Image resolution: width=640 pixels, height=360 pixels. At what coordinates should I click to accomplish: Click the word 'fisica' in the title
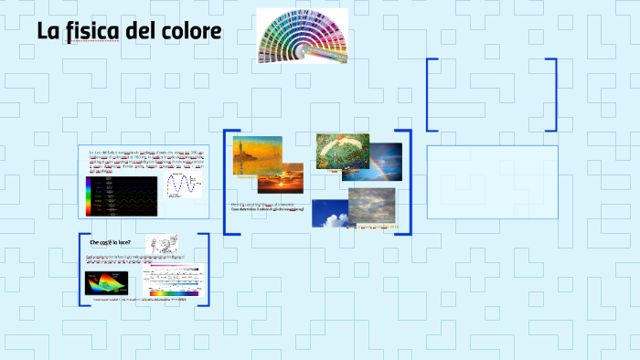98,32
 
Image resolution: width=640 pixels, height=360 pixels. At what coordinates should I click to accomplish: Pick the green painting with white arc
342,150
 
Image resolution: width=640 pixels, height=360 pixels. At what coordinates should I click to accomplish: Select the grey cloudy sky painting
371,206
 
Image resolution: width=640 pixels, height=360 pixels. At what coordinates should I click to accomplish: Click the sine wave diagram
183,185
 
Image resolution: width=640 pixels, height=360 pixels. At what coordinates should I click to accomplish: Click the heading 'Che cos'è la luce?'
110,242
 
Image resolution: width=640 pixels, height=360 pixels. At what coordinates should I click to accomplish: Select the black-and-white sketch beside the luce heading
162,243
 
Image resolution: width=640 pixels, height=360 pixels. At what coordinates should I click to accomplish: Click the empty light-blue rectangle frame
492,182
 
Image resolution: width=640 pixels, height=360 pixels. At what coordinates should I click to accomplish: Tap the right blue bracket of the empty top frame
554,97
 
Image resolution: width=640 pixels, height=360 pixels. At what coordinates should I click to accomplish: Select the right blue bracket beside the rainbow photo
409,183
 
